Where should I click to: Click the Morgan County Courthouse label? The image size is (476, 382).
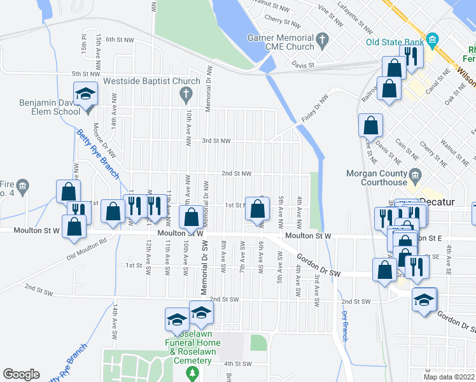[x=375, y=178]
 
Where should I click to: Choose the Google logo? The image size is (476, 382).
[x=21, y=374]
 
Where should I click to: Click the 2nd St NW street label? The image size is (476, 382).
[x=236, y=173]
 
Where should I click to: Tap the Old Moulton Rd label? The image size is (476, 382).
[x=86, y=250]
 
